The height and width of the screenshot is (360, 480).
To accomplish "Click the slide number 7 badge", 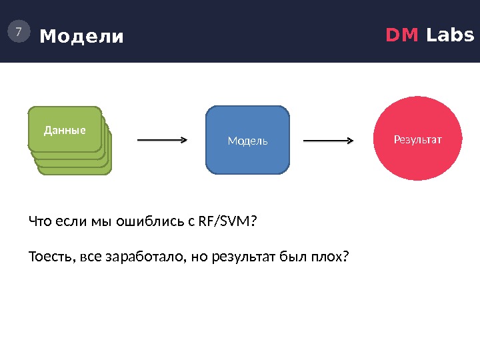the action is pos(19,31).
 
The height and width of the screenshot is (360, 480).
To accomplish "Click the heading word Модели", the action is pos(82,36).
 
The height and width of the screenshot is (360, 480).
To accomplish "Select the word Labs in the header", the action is pos(450,35).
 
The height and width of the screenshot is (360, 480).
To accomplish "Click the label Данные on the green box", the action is pos(65,130).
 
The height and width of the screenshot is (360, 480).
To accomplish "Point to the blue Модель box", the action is pos(248,141).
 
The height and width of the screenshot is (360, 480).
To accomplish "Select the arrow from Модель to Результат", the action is pos(329,140).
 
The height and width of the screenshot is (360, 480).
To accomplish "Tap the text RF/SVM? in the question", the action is pos(227,221).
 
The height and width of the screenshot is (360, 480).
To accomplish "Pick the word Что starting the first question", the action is pos(39,221).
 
